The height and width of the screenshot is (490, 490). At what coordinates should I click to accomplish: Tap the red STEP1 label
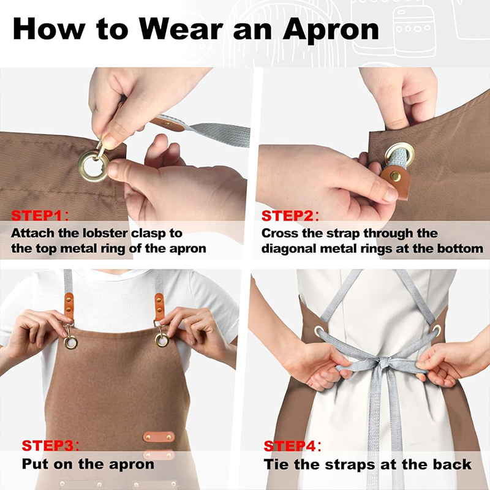click(x=37, y=216)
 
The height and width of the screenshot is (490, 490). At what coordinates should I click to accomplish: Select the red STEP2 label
click(x=287, y=216)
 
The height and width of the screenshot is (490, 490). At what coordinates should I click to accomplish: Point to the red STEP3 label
click(x=48, y=446)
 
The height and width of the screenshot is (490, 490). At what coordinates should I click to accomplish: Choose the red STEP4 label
click(x=290, y=446)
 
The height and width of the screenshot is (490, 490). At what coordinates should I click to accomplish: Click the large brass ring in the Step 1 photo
click(x=94, y=166)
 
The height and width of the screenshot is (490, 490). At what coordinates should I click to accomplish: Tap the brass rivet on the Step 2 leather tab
click(x=395, y=176)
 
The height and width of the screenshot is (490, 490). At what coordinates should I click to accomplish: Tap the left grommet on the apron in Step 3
click(x=70, y=342)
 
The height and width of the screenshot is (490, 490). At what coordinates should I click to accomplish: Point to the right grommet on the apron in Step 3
click(x=162, y=340)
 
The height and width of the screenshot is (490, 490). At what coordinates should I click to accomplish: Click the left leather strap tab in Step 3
click(x=69, y=306)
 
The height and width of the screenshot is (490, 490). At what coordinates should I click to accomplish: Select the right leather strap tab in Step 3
click(x=159, y=307)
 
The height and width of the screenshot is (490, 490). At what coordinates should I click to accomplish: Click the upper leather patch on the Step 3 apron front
click(x=159, y=437)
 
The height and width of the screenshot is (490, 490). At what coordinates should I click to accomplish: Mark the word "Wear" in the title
click(x=181, y=29)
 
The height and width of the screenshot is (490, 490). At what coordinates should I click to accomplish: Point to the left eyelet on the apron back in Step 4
click(x=318, y=331)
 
